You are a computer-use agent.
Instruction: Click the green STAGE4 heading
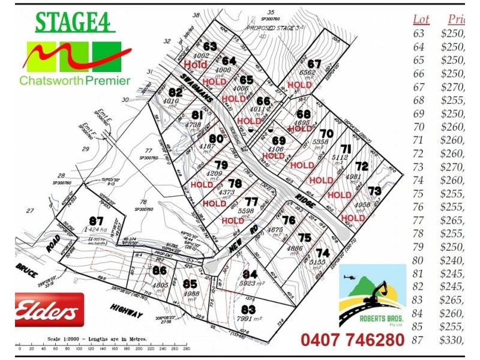(x=74, y=23)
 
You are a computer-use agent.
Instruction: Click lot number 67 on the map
(x=314, y=64)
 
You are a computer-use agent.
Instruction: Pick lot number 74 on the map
(x=323, y=253)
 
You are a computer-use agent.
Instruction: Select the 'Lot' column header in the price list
(x=421, y=19)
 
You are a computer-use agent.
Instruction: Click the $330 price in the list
(x=452, y=340)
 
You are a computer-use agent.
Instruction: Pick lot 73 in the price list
(x=419, y=167)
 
